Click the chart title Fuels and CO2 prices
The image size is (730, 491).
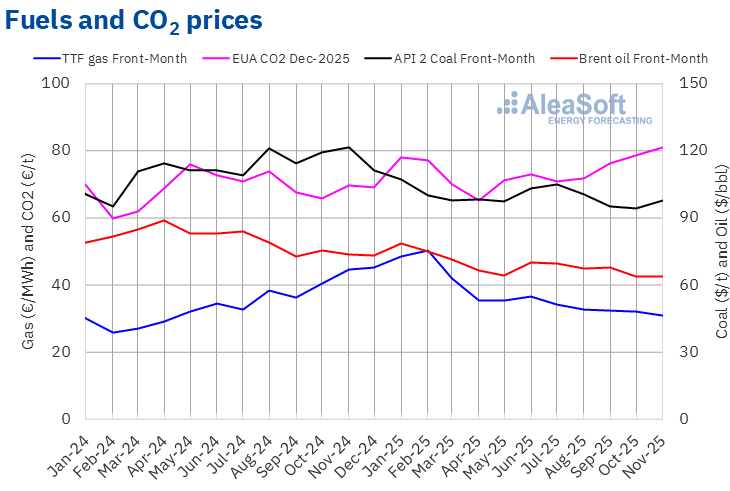[135, 20]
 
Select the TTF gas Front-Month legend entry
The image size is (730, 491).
[124, 58]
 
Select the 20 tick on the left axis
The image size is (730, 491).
[65, 352]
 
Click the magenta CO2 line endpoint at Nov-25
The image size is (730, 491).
[662, 147]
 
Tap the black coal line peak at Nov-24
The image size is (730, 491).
[348, 147]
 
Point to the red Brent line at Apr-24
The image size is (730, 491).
[164, 220]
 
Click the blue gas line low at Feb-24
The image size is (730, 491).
[112, 332]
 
